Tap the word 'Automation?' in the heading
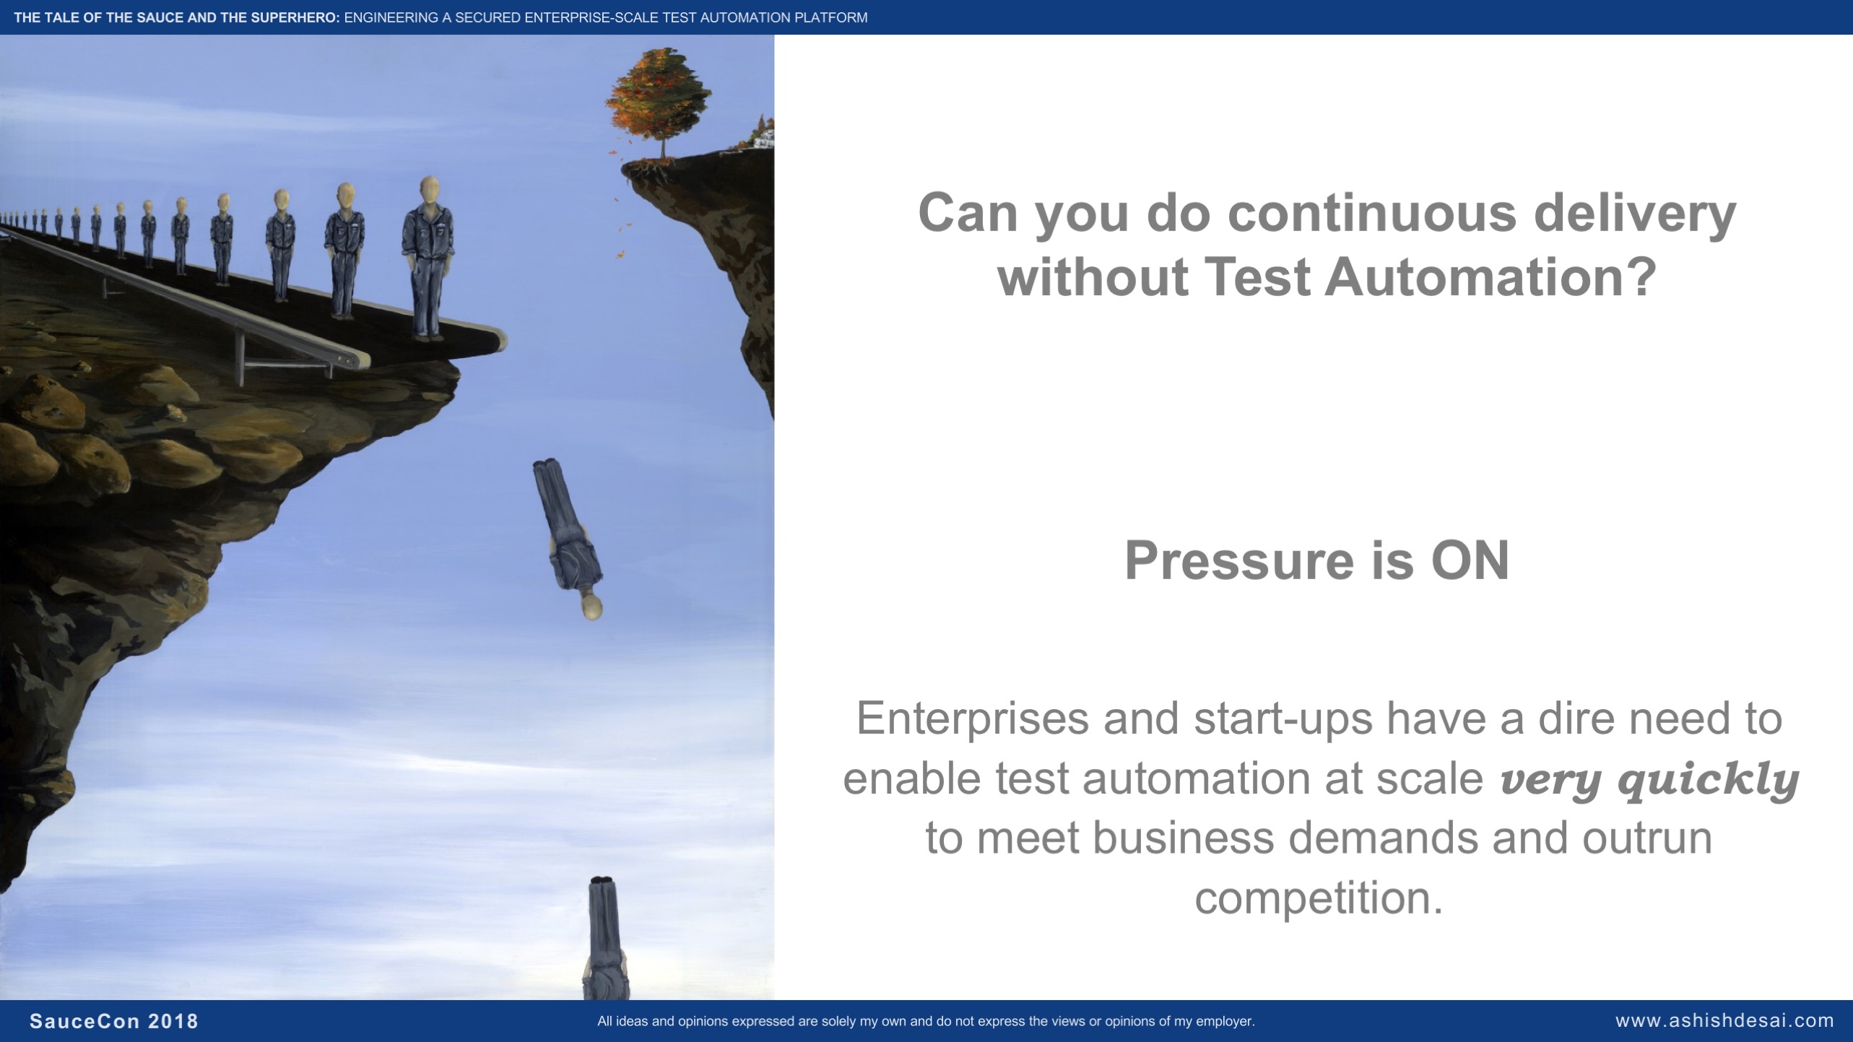point(1490,277)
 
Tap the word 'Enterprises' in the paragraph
point(973,718)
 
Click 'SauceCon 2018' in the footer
point(114,1021)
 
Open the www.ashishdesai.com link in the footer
point(1724,1021)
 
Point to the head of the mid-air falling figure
point(592,607)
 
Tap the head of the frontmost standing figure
point(430,191)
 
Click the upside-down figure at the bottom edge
point(607,937)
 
